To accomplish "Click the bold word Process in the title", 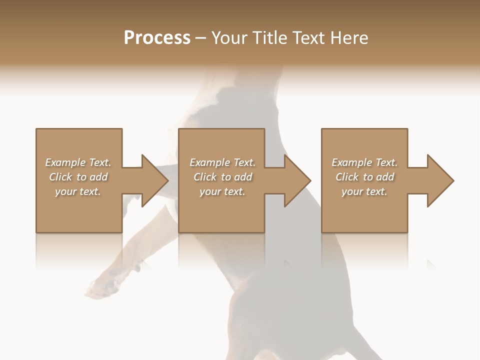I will [157, 38].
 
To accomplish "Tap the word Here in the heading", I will [349, 38].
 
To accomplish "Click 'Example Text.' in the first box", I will [78, 162].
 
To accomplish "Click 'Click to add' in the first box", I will [78, 177].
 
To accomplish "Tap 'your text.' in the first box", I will [78, 191].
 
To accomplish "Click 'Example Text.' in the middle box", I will [222, 162].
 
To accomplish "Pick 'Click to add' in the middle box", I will [222, 177].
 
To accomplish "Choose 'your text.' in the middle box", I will [222, 191].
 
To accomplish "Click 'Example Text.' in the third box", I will [364, 162].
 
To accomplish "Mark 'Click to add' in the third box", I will [364, 177].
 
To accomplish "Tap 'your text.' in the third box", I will [364, 191].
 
